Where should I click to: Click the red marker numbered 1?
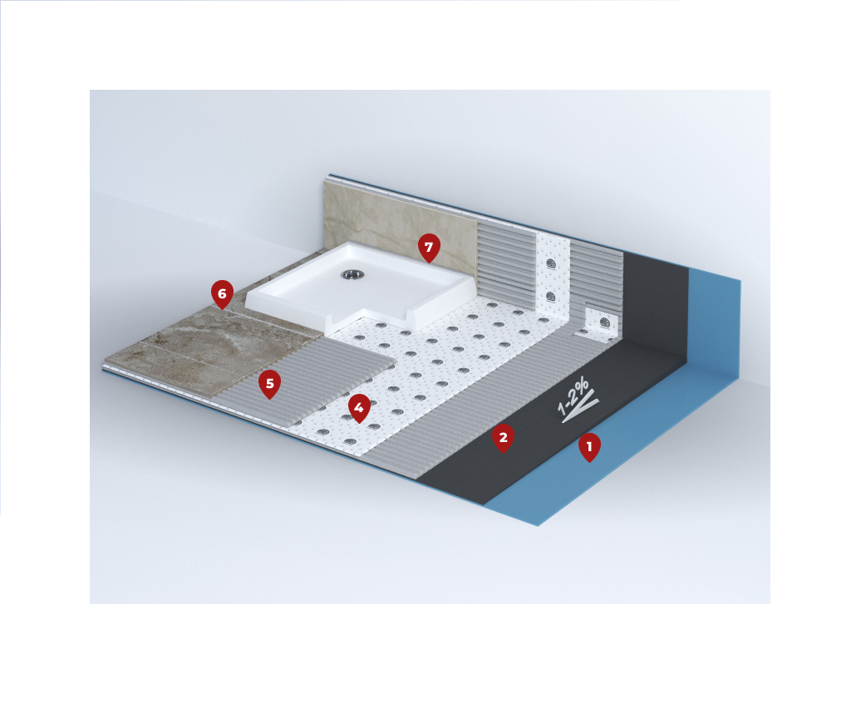[x=589, y=447]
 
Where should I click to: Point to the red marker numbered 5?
[x=269, y=384]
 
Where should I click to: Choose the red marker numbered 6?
[x=222, y=294]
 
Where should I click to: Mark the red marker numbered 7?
[x=429, y=248]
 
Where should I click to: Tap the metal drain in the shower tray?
[x=350, y=273]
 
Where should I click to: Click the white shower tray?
[x=360, y=290]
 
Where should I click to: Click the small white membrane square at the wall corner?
[x=602, y=325]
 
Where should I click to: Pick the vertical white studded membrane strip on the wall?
[x=553, y=276]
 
